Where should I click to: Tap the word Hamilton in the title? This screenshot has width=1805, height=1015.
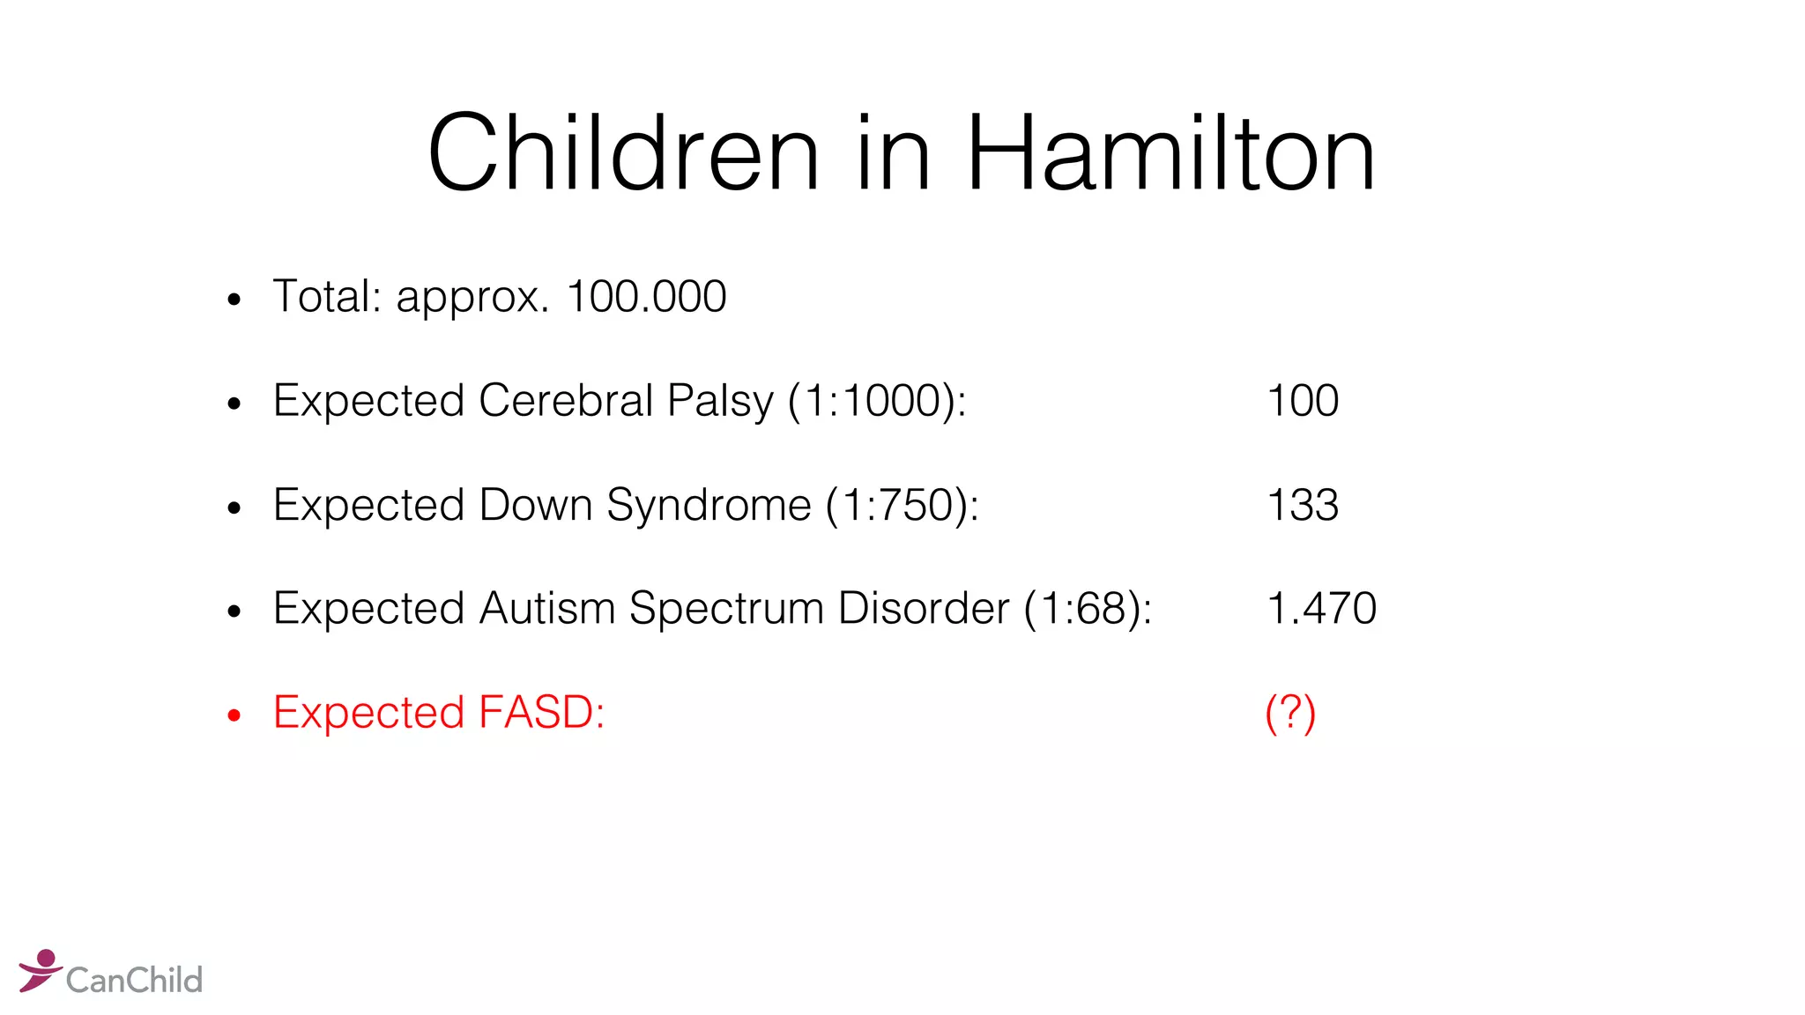coord(1170,153)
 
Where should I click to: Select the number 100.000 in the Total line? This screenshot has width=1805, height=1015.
coord(646,296)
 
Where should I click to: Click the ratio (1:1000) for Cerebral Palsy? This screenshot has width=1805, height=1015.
coord(876,401)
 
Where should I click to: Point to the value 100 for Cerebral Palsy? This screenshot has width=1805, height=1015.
coord(1303,401)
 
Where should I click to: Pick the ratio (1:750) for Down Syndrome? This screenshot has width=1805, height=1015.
coord(901,505)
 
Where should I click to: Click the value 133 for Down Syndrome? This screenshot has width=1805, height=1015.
coord(1303,505)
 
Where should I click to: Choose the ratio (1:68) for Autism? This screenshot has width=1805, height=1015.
coord(1087,608)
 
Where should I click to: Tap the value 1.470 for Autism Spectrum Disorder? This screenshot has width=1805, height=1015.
coord(1321,608)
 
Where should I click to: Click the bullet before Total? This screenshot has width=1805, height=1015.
coord(234,300)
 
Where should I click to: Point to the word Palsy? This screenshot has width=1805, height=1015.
coord(720,402)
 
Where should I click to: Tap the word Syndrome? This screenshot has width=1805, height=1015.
coord(709,506)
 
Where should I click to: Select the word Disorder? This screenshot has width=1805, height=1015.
coord(924,608)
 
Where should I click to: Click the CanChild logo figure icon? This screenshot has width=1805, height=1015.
coord(40,970)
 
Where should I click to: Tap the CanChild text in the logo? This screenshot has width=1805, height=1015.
coord(134,980)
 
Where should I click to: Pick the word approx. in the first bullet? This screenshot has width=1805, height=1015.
coord(472,298)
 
